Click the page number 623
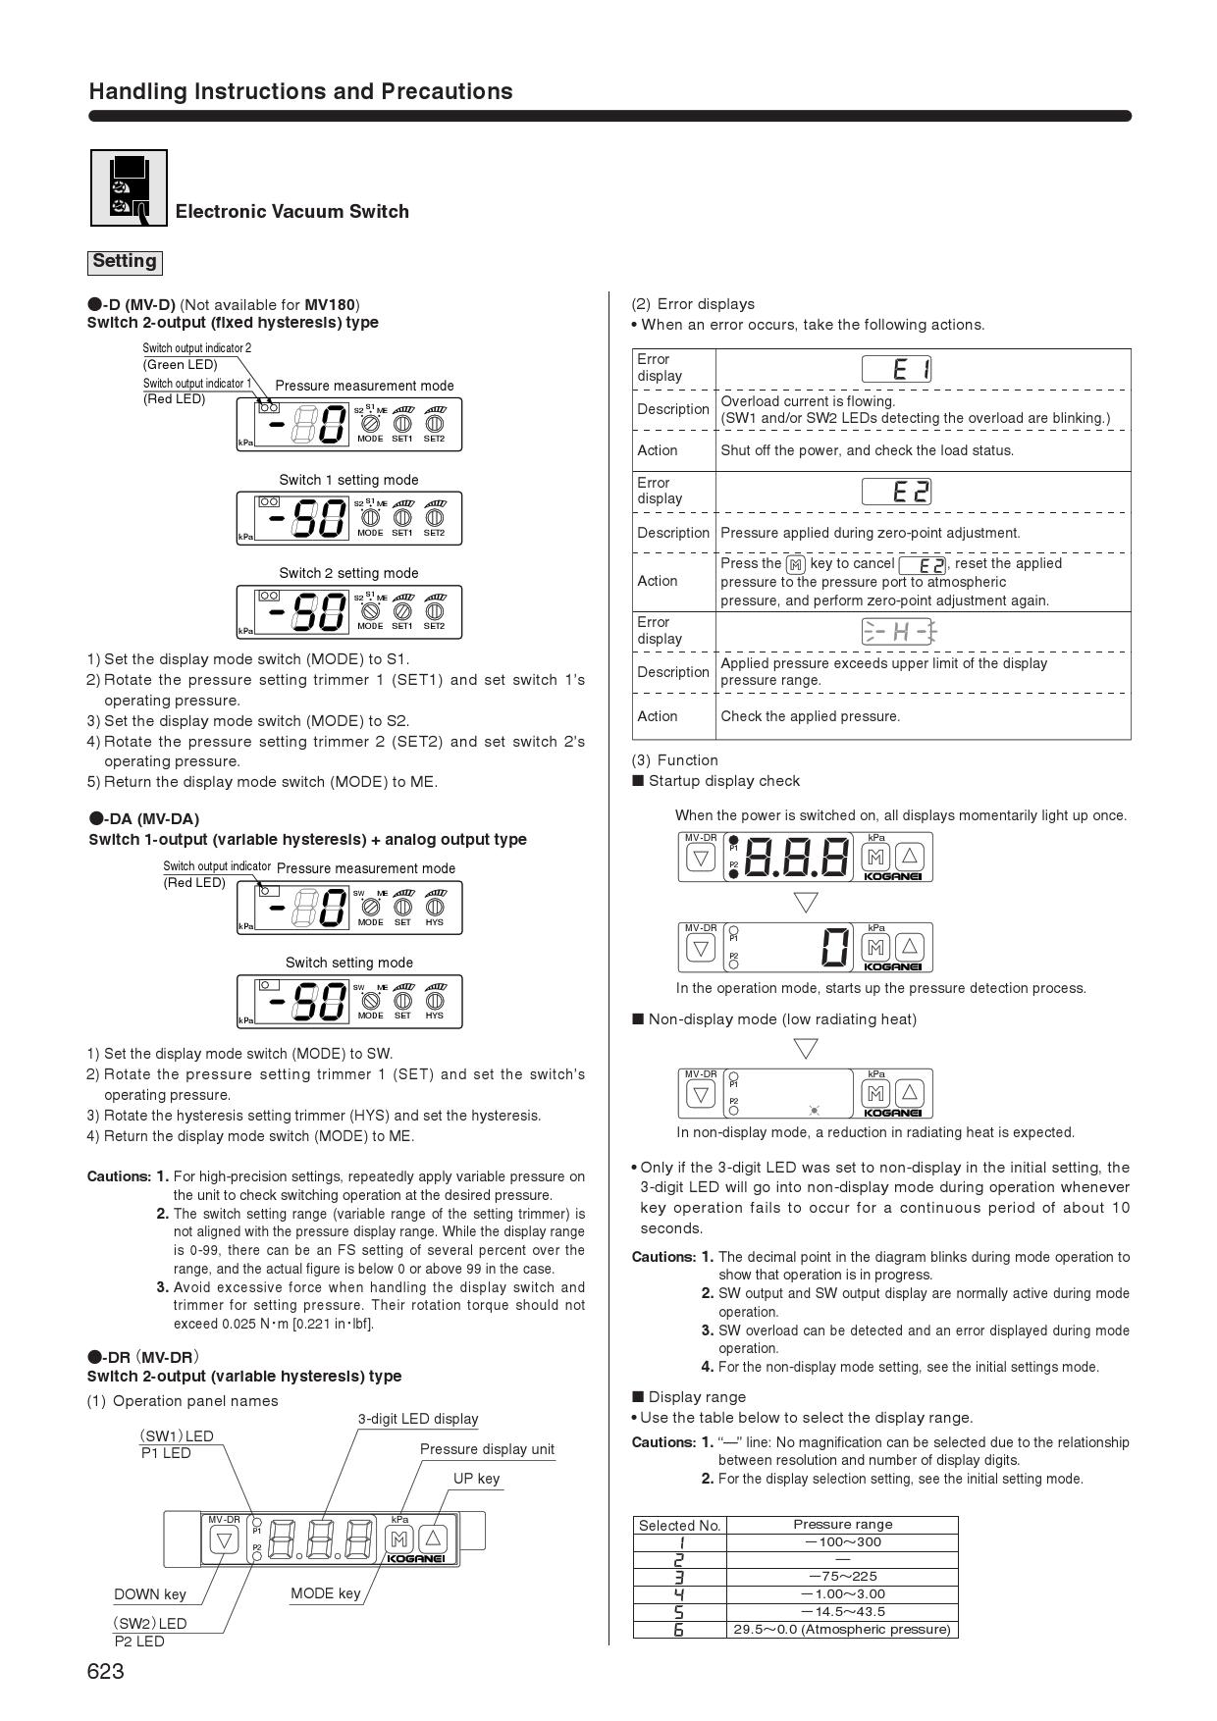click(x=106, y=1672)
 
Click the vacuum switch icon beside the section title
click(x=129, y=187)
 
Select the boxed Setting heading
click(x=124, y=262)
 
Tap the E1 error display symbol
click(x=896, y=369)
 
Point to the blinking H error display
click(x=897, y=632)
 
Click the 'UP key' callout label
click(x=476, y=1479)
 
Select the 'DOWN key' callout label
click(x=150, y=1594)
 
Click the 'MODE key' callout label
click(x=325, y=1593)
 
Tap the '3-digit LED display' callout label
click(x=418, y=1419)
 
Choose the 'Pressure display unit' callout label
click(x=487, y=1449)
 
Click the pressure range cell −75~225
click(x=842, y=1576)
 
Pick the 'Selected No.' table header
click(x=679, y=1525)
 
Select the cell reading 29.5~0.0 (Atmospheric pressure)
click(x=842, y=1629)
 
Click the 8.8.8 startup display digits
click(x=797, y=858)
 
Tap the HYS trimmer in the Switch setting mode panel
click(x=434, y=1001)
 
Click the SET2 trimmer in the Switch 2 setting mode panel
click(x=434, y=611)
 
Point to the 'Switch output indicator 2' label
click(x=196, y=348)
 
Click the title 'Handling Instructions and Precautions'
click(x=300, y=91)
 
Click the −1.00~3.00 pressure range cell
click(x=842, y=1593)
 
